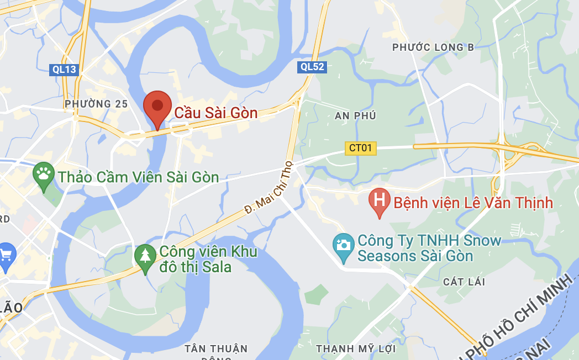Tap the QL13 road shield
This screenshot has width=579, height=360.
point(65,70)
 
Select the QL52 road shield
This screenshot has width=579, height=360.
point(313,67)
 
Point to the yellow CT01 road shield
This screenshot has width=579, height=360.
point(361,148)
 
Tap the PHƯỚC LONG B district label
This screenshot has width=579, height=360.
point(433,47)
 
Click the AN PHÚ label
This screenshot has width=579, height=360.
point(355,115)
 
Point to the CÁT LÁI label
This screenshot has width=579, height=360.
point(464,282)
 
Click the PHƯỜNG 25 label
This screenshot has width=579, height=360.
point(96,104)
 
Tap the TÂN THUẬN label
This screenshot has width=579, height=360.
point(217,348)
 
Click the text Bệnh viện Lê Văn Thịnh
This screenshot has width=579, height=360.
point(473,203)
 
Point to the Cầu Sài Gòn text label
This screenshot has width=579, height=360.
point(216,113)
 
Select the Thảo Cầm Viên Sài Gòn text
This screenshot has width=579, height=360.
point(139,177)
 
